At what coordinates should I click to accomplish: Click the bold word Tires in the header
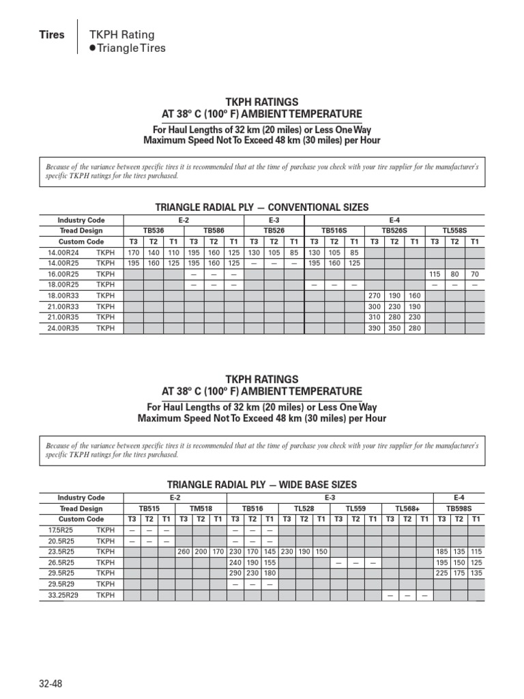[x=52, y=35]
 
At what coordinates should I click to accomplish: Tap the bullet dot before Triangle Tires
[x=93, y=48]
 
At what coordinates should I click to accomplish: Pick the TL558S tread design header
[x=454, y=231]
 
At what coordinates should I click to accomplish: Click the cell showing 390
[x=374, y=328]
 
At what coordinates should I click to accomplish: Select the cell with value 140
[x=154, y=252]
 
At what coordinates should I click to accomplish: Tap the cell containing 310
[x=374, y=317]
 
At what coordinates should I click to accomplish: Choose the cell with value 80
[x=454, y=274]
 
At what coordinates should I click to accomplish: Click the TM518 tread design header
[x=200, y=509]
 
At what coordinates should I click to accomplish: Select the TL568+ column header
[x=407, y=509]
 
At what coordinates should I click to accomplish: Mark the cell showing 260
[x=184, y=552]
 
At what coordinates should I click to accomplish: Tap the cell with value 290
[x=235, y=573]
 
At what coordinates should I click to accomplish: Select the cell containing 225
[x=442, y=573]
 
